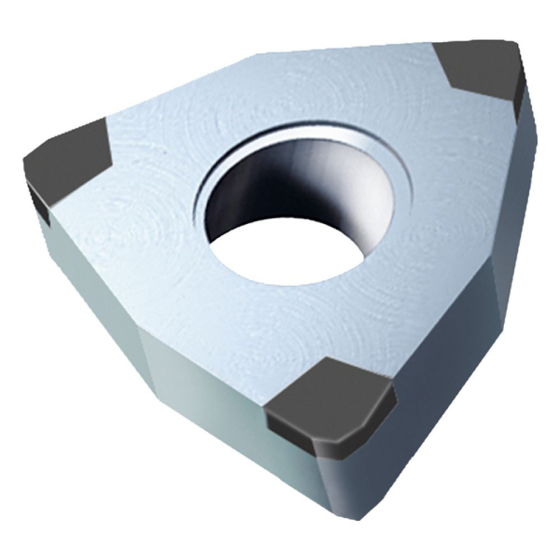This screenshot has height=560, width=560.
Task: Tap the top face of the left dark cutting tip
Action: [67, 159]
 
